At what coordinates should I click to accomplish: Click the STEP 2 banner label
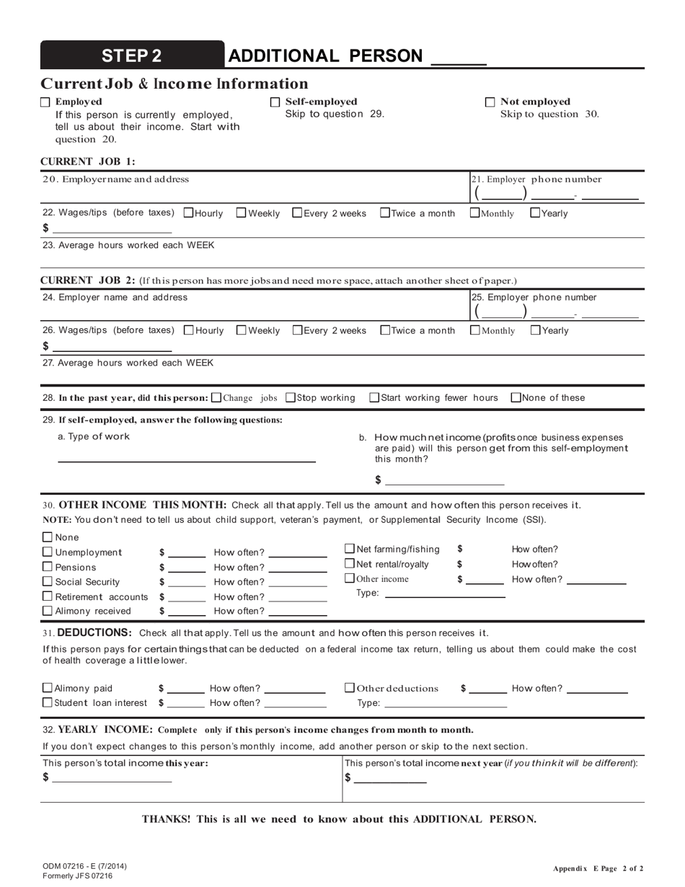pyautogui.click(x=132, y=56)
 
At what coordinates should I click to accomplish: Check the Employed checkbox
pyautogui.click(x=45, y=102)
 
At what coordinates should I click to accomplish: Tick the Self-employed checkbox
pyautogui.click(x=275, y=102)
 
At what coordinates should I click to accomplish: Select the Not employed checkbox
pyautogui.click(x=490, y=102)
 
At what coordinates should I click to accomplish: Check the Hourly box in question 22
pyautogui.click(x=189, y=213)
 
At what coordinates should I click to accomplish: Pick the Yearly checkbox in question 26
pyautogui.click(x=535, y=330)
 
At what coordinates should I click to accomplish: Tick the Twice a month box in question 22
pyautogui.click(x=385, y=213)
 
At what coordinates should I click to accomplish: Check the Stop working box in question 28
pyautogui.click(x=291, y=397)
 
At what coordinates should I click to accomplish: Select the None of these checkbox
pyautogui.click(x=516, y=397)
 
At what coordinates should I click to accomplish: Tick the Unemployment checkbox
pyautogui.click(x=48, y=552)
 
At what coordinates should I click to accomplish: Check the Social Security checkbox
pyautogui.click(x=48, y=581)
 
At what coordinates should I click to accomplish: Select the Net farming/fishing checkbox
pyautogui.click(x=350, y=549)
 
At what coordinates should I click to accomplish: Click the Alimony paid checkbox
pyautogui.click(x=48, y=688)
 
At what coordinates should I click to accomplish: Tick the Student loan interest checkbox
pyautogui.click(x=48, y=702)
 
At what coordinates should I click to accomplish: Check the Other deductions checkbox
pyautogui.click(x=350, y=688)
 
